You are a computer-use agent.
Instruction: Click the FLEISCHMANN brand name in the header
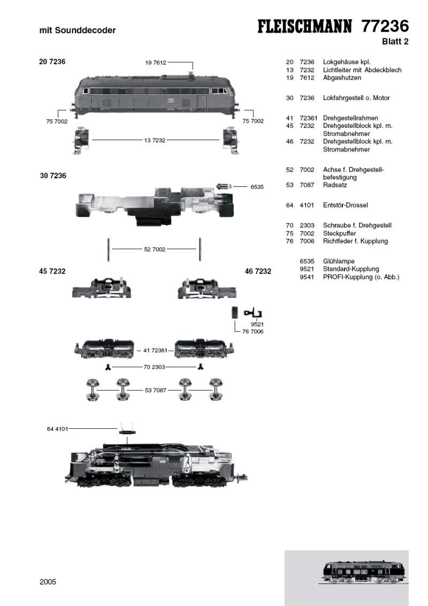click(307, 27)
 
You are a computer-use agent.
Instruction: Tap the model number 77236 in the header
click(385, 26)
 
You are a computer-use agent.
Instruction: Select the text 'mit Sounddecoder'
click(78, 31)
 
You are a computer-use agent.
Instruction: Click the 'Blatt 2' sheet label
click(395, 42)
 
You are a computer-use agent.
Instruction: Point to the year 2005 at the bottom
click(48, 582)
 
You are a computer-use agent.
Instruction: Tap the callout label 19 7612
click(155, 63)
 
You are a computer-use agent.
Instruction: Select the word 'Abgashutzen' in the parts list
click(342, 78)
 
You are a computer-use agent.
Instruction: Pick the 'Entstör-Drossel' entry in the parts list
click(345, 205)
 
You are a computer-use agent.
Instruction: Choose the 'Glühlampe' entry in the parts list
click(339, 261)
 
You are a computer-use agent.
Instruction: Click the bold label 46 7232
click(258, 271)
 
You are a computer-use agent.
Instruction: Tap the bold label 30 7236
click(53, 176)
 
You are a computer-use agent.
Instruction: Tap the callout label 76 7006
click(253, 331)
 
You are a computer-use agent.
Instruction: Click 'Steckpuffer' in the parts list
click(340, 233)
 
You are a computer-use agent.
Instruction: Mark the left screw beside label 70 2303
click(109, 367)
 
